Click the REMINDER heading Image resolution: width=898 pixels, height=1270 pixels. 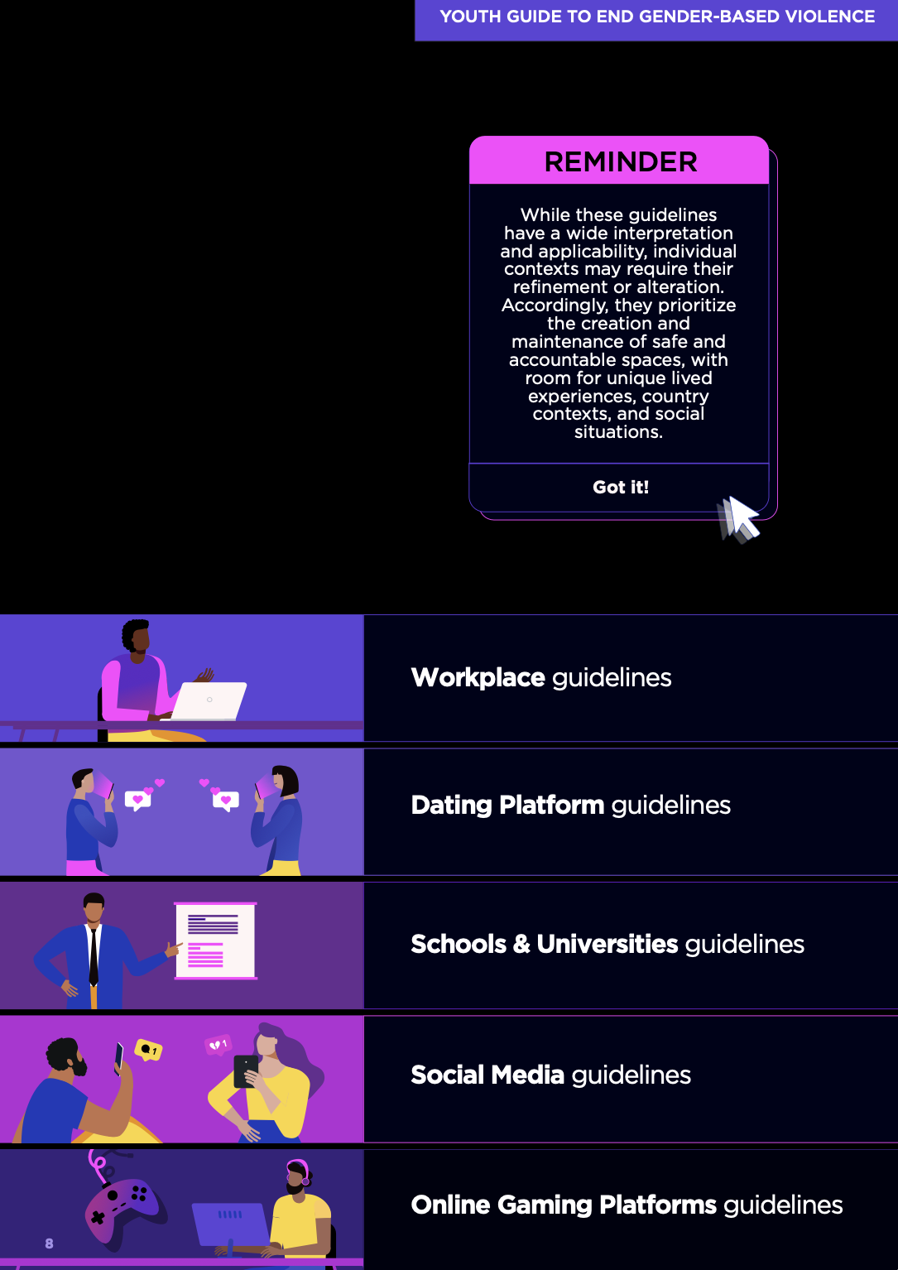pos(621,161)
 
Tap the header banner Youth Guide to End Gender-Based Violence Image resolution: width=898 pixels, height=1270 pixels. pos(657,17)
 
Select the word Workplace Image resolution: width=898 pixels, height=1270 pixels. pos(478,677)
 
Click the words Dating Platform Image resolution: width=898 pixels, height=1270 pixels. pos(507,805)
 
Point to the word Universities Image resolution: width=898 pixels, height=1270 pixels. pos(607,944)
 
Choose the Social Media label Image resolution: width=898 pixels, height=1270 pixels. pos(487,1075)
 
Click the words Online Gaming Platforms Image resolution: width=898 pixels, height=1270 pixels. pos(564,1205)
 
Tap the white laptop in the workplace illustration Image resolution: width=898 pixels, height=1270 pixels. pos(209,700)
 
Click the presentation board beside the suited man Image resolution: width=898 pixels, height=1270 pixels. pos(215,940)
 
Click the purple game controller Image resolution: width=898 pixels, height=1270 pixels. pos(126,1209)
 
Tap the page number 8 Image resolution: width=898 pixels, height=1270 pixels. pos(50,1244)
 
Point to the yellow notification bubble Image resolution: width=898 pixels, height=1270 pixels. pos(149,1050)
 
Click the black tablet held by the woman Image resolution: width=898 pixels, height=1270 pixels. pos(245,1070)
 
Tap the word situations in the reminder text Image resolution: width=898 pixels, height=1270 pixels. pos(618,432)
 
